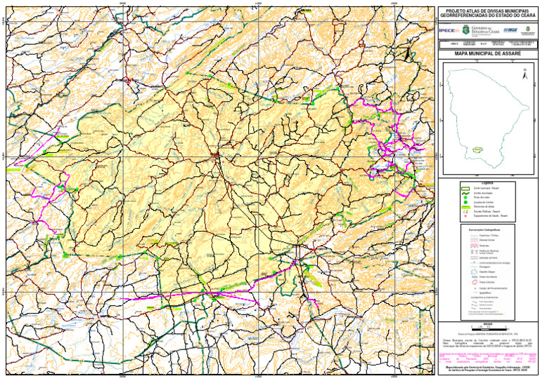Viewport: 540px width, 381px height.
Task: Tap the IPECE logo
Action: (x=446, y=30)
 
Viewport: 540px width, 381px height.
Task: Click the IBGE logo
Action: (x=511, y=30)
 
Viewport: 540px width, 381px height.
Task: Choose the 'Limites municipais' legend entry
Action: (x=483, y=194)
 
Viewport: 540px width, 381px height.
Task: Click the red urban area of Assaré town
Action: (x=216, y=156)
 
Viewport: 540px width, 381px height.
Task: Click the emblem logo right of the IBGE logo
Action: (x=528, y=30)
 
